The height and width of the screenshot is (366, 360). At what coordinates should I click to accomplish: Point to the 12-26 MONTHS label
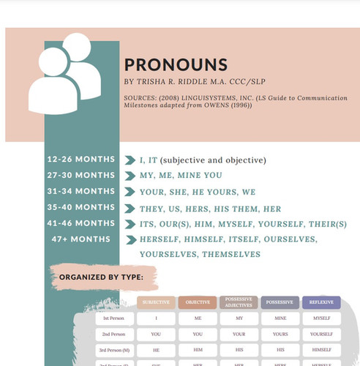tap(80, 160)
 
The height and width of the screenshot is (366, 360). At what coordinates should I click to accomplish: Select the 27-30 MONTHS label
tap(80, 176)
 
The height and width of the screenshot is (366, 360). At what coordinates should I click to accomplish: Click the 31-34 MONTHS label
tap(80, 192)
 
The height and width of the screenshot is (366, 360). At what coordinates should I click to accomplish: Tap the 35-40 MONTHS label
tap(80, 207)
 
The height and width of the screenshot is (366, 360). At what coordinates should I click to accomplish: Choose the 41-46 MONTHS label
tap(80, 223)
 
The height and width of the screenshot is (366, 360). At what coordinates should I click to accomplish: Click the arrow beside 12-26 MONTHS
tap(132, 160)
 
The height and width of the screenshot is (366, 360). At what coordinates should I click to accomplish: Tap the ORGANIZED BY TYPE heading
tap(106, 278)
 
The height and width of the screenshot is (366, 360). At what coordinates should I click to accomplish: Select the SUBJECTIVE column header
tap(156, 302)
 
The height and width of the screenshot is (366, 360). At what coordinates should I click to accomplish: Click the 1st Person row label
tap(113, 318)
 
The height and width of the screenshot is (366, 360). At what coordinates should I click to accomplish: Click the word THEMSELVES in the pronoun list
tap(230, 254)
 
